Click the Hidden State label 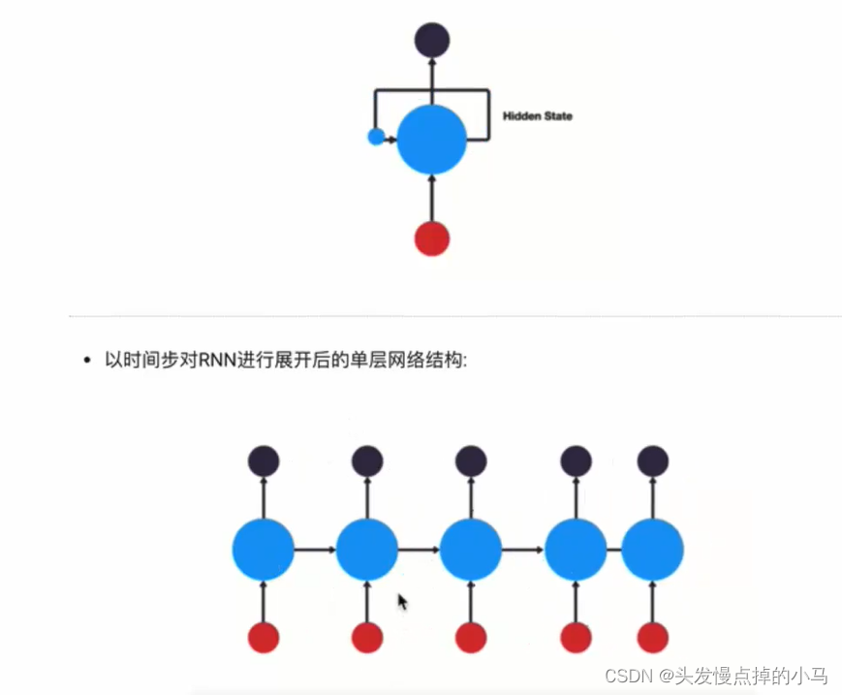(537, 116)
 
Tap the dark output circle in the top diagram (432, 40)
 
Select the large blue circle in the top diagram (432, 140)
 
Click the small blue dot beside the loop (377, 137)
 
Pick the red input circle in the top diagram (432, 238)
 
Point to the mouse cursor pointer (402, 602)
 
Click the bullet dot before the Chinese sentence (87, 360)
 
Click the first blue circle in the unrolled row (264, 550)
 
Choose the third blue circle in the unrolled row (471, 550)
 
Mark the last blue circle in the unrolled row (652, 550)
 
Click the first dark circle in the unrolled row (264, 460)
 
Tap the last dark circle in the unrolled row (652, 460)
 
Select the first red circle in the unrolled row (264, 637)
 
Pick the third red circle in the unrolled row (471, 637)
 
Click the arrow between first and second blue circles (315, 550)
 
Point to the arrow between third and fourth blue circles (523, 550)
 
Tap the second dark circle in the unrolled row (367, 460)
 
